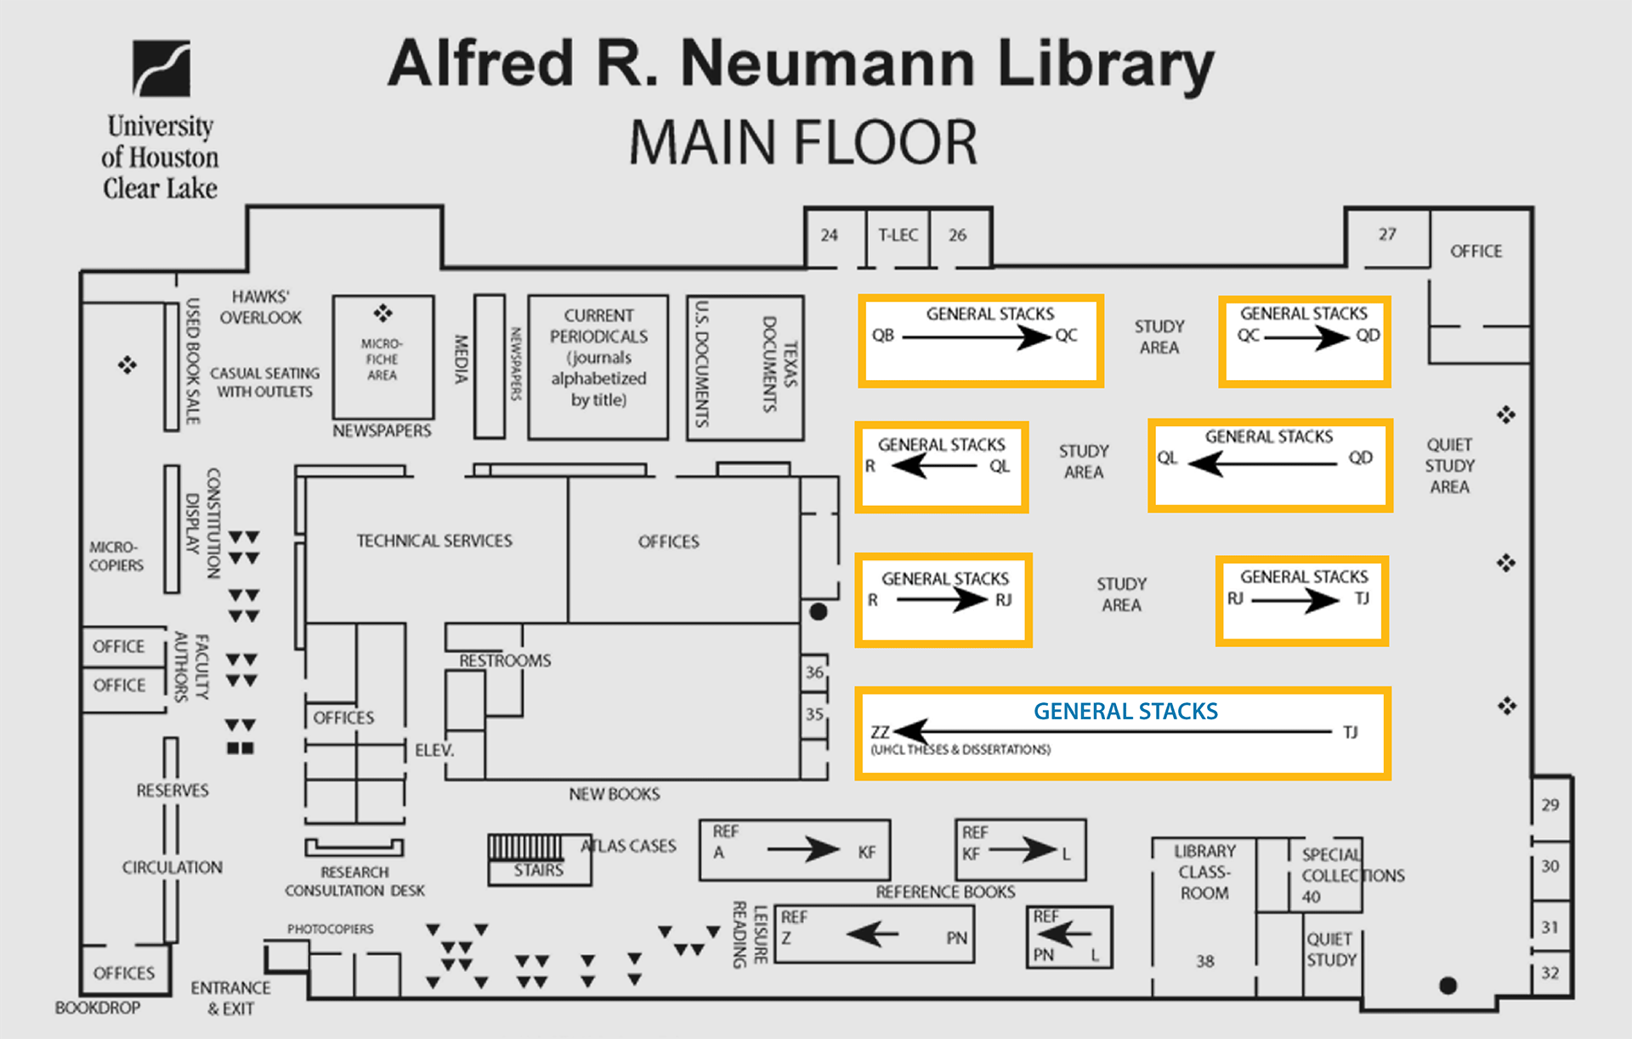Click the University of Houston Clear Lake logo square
coord(161,68)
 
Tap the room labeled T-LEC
coord(898,236)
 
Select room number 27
coord(1387,235)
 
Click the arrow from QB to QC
coord(976,338)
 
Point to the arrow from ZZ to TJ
coord(1113,731)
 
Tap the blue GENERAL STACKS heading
coord(1125,711)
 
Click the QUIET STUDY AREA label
coord(1449,466)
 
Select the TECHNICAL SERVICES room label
coord(434,541)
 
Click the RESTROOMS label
coord(505,661)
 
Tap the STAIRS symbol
coord(526,848)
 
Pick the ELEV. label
coord(434,750)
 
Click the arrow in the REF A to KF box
coord(802,849)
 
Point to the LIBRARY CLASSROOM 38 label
coord(1204,872)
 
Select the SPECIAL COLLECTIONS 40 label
coord(1351,875)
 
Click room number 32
coord(1550,973)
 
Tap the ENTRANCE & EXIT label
coord(230,998)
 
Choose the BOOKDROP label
coord(98,1008)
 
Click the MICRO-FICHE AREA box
coord(382,357)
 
